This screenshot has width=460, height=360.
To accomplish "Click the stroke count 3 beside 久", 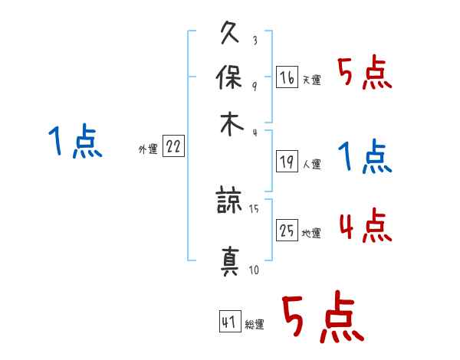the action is click(254, 41).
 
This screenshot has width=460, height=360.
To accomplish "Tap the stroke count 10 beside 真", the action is click(254, 269).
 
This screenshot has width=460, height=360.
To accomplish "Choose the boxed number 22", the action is click(173, 148).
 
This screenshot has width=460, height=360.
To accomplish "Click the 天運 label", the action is click(312, 80).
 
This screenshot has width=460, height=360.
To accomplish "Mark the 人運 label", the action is click(312, 164).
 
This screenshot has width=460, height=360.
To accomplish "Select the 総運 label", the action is click(255, 325).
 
